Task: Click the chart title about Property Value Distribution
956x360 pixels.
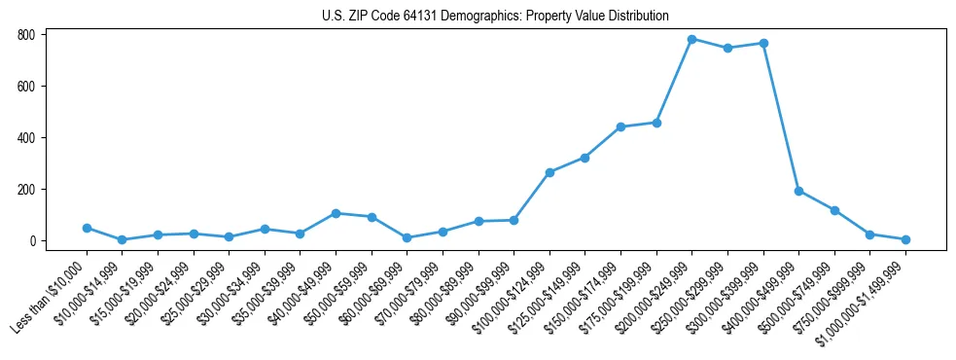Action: click(x=495, y=17)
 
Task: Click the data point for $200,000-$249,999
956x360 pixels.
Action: click(x=692, y=39)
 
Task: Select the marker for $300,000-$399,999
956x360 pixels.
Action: click(x=763, y=43)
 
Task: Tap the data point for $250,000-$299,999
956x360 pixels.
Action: click(x=727, y=48)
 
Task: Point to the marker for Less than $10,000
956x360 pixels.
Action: click(x=87, y=228)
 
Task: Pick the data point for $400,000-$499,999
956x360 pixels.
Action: click(x=798, y=191)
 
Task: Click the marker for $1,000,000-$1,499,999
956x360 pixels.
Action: click(x=905, y=239)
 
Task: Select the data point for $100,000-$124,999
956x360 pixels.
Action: click(x=549, y=172)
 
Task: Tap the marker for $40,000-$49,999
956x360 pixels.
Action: click(x=336, y=213)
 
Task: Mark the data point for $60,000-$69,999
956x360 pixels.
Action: click(x=407, y=237)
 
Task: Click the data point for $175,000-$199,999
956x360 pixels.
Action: click(x=656, y=123)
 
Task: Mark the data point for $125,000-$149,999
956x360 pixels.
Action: click(x=585, y=158)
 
